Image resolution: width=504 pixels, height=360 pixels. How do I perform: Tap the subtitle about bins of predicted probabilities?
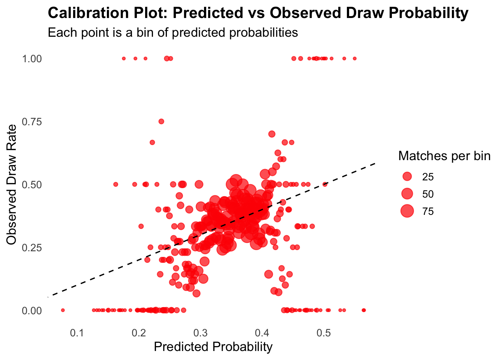point(173,33)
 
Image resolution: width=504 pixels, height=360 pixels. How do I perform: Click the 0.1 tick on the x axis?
point(77,333)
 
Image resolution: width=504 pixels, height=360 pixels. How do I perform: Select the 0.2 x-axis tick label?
point(139,333)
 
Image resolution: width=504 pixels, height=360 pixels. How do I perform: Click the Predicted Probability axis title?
point(213,347)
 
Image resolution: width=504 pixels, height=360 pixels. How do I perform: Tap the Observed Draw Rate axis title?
point(12,184)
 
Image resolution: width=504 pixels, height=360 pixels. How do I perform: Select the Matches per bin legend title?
point(444,156)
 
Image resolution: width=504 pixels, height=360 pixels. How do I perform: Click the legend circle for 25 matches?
point(407,177)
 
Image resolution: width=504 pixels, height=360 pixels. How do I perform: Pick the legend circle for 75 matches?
point(407,211)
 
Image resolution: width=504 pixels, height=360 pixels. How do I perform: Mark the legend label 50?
point(428,194)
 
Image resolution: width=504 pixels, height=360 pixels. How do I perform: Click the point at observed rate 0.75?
point(161,121)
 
